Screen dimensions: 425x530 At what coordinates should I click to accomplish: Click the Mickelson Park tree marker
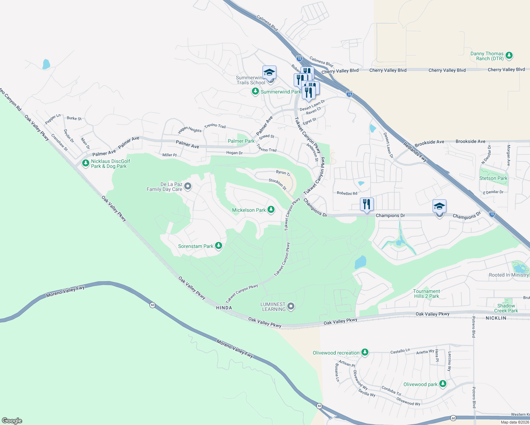pos(271,210)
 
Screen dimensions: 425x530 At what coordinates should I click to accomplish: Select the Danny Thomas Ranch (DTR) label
pos(487,56)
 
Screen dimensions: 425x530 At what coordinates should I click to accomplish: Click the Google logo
pos(12,420)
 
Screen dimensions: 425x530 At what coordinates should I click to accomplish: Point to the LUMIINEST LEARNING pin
pos(291,306)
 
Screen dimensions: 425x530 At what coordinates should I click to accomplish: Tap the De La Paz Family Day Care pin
pos(188,186)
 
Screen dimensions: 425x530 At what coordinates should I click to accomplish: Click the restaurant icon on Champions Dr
pos(367,204)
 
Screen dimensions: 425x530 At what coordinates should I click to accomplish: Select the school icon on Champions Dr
pos(439,206)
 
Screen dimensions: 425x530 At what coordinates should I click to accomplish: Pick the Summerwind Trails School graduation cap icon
pos(269,72)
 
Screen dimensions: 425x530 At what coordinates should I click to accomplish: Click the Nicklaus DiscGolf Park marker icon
pos(85,163)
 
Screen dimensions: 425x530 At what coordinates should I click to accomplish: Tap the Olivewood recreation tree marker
pos(365,352)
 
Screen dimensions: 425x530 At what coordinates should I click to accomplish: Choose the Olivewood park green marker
pos(442,384)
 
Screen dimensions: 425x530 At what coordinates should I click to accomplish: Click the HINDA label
pos(224,308)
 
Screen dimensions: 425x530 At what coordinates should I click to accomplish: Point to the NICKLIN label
pos(496,318)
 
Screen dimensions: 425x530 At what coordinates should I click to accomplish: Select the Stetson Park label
pos(493,178)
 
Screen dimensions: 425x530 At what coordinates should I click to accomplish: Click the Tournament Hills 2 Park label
pos(427,294)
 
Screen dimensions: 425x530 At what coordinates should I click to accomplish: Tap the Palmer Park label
pos(241,141)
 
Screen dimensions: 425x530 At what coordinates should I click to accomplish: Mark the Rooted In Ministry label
pos(509,275)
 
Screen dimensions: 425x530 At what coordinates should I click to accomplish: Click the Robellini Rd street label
pos(347,193)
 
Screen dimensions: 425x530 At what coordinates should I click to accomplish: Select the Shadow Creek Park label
pos(506,308)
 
